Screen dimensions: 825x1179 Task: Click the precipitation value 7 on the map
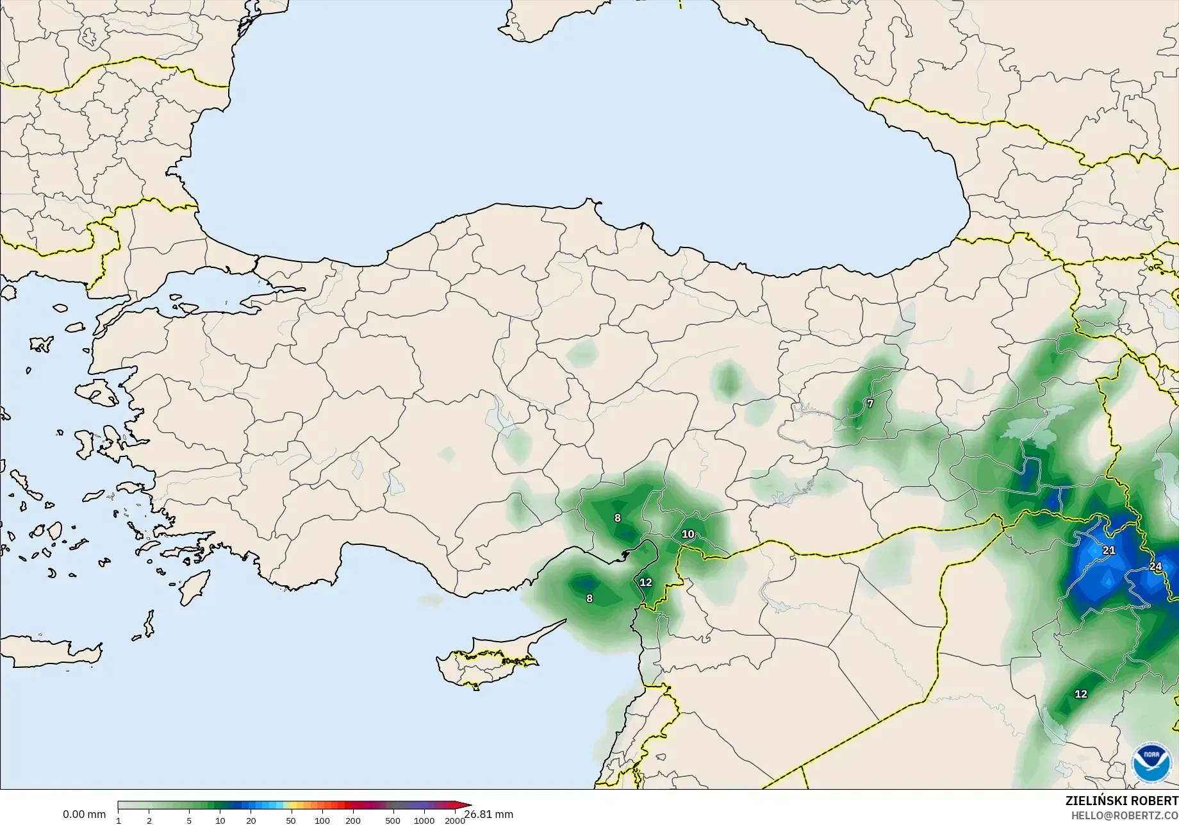[870, 404]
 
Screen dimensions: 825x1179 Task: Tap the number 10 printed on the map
[688, 534]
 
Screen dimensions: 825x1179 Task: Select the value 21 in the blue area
[1109, 550]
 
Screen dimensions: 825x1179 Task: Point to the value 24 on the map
[1155, 566]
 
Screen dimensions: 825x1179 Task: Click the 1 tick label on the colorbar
[119, 821]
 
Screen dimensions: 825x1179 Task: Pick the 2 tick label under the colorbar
[149, 821]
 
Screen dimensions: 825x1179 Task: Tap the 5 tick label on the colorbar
[189, 821]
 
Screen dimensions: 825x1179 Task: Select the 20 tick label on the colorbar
[251, 821]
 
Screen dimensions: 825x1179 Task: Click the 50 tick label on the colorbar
[291, 821]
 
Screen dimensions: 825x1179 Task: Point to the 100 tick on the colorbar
[322, 821]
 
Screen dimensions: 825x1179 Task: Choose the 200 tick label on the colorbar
[353, 821]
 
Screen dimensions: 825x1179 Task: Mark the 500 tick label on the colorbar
[393, 821]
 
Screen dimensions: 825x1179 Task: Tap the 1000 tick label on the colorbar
[424, 821]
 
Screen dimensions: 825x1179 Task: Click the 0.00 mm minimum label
[84, 815]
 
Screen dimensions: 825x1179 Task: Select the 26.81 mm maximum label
[489, 815]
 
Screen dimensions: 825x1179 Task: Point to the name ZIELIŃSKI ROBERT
[1121, 801]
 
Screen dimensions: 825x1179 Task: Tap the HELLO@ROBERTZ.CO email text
[1125, 815]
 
